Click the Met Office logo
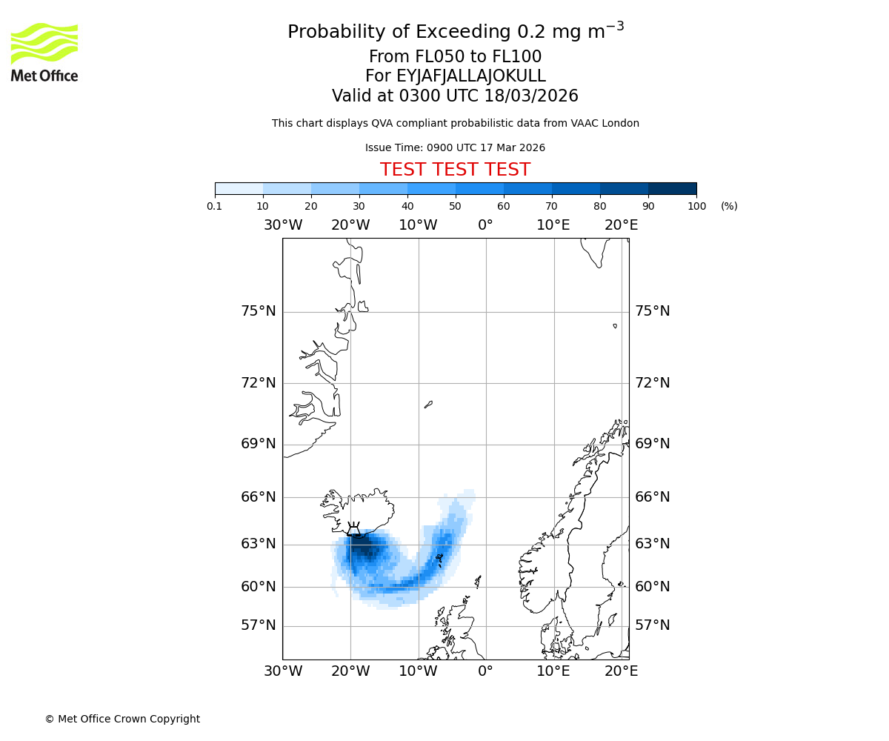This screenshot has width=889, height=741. tap(44, 52)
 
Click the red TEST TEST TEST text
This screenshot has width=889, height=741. tap(455, 170)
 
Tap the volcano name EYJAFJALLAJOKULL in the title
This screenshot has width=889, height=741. tap(455, 76)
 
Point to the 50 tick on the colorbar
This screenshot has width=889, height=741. tap(456, 206)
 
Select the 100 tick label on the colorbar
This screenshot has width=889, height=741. tap(696, 206)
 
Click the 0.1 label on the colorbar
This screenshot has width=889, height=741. tap(215, 206)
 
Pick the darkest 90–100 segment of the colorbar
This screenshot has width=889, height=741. tap(672, 188)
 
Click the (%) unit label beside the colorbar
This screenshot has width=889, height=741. tap(729, 206)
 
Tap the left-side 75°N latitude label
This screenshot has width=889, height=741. tap(259, 311)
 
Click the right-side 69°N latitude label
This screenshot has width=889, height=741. tap(652, 444)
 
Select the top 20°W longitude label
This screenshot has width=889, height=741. tap(350, 225)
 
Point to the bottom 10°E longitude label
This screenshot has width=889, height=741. tap(553, 671)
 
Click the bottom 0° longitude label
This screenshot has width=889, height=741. tap(485, 671)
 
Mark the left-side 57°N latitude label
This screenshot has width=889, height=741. tap(259, 625)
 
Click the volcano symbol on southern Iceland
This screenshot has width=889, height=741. tap(354, 528)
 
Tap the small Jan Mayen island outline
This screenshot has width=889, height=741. tap(428, 405)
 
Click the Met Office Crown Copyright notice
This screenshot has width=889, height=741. tap(122, 719)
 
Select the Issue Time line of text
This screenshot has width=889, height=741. tap(455, 148)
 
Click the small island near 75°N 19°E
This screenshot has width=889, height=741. tap(615, 325)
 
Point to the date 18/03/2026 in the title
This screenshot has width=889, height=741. tap(531, 96)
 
